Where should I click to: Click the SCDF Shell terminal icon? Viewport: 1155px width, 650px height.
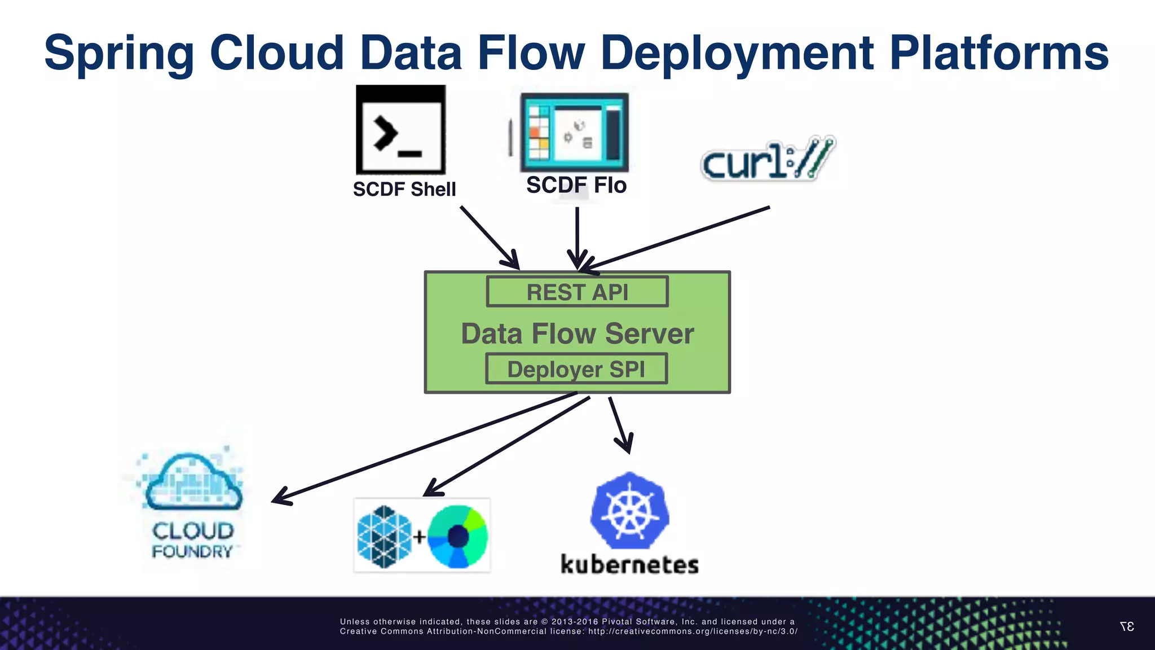pyautogui.click(x=401, y=130)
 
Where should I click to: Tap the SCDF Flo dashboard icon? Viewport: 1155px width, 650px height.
pyautogui.click(x=574, y=133)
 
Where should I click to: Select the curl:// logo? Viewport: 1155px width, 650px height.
pyautogui.click(x=768, y=159)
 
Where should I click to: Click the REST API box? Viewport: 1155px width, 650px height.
pyautogui.click(x=577, y=292)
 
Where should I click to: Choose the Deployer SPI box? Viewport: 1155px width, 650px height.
pyautogui.click(x=576, y=369)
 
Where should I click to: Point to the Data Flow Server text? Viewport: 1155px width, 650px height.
pyautogui.click(x=577, y=333)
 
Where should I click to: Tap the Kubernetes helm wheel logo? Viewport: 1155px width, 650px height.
pyautogui.click(x=629, y=511)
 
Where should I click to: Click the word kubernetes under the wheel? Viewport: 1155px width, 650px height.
pyautogui.click(x=629, y=564)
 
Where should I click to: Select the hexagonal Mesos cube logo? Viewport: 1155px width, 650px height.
pyautogui.click(x=385, y=537)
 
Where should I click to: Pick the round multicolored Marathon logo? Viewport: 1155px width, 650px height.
pyautogui.click(x=457, y=536)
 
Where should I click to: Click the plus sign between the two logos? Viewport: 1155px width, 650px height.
pyautogui.click(x=419, y=537)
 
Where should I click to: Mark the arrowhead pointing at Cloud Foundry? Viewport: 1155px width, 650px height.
pyautogui.click(x=280, y=498)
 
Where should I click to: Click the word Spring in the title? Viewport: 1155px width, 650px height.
pyautogui.click(x=119, y=54)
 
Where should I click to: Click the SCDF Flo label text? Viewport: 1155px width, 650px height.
pyautogui.click(x=576, y=185)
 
